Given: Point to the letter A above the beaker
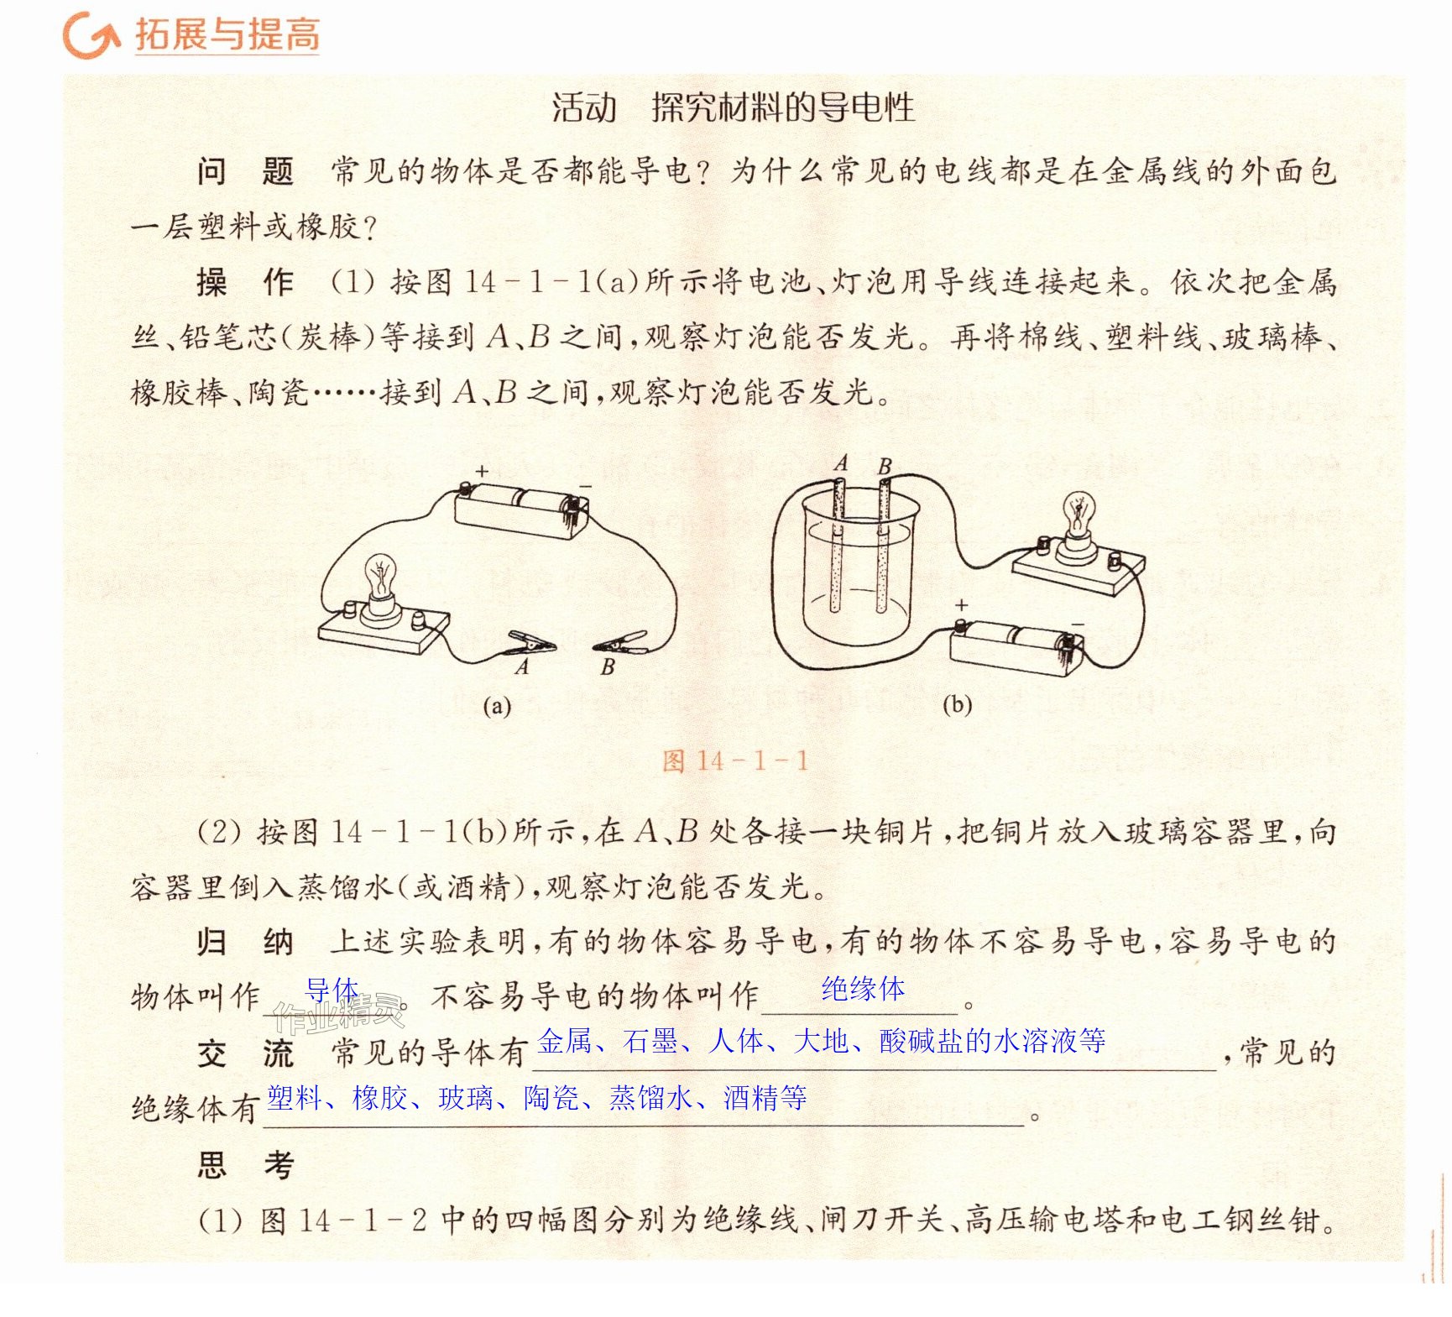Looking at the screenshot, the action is [841, 463].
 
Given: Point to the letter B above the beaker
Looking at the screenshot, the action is [885, 466].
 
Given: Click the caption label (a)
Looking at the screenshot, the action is [497, 706].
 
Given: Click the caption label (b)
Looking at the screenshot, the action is [957, 703].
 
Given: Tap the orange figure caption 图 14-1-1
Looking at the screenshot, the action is [735, 760].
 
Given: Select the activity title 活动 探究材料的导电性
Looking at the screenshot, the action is [733, 107].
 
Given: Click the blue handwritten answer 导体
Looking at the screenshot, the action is [332, 990].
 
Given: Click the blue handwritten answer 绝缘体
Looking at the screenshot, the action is [863, 988].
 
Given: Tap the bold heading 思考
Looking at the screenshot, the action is [245, 1164].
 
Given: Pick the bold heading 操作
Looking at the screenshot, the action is [245, 282].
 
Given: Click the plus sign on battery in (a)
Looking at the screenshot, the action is [482, 472].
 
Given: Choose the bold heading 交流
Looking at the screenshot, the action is [245, 1053].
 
